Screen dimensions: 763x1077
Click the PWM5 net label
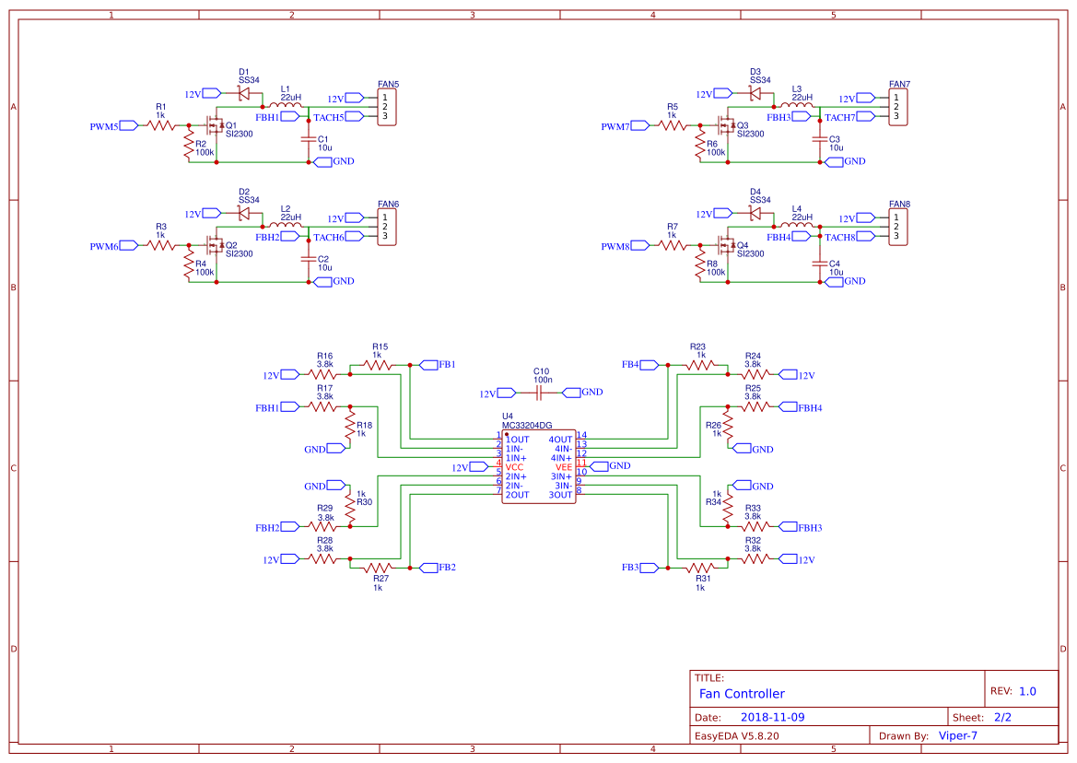point(104,126)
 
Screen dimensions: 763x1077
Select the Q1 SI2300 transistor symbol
point(216,127)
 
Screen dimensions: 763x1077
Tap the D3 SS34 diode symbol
point(755,93)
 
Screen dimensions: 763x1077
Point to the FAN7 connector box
point(899,107)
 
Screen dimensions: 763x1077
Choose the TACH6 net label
point(329,238)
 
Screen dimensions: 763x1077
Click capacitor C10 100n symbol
point(542,393)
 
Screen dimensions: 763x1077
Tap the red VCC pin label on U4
point(514,467)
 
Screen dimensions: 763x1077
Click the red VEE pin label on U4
point(563,467)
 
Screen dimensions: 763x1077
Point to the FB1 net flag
point(447,365)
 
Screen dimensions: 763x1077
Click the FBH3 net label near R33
point(810,528)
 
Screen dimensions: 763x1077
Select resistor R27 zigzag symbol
point(378,569)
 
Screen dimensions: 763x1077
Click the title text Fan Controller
point(742,694)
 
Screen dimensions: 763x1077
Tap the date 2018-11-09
point(772,717)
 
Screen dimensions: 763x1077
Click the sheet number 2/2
point(1002,717)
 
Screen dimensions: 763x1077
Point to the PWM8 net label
point(615,247)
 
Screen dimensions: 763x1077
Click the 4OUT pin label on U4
point(560,440)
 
